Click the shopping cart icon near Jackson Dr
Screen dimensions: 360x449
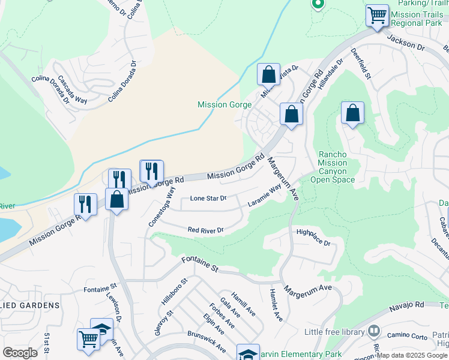pos(377,16)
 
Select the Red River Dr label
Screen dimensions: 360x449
pos(205,230)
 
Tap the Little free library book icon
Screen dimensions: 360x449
pos(375,331)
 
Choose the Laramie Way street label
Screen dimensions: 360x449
pos(265,196)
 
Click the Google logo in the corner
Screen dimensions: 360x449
pos(20,353)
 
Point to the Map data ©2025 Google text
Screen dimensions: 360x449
pos(412,355)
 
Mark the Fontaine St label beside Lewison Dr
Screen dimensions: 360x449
pos(100,289)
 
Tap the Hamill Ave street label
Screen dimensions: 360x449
pos(246,304)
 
